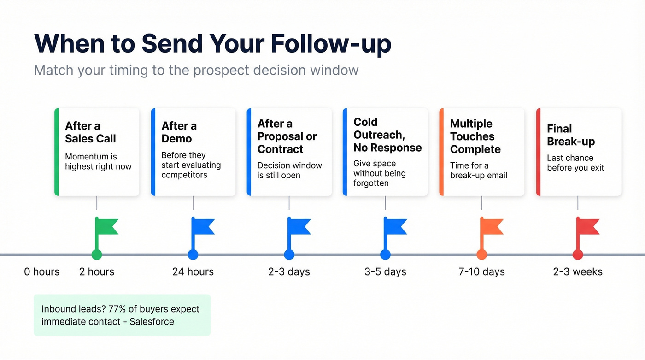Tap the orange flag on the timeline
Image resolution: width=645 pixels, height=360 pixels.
[x=492, y=226]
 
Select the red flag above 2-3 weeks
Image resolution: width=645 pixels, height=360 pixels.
[x=588, y=226]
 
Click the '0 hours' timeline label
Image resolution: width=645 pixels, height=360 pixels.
[x=42, y=272]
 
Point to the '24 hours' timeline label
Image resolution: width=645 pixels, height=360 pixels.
[x=193, y=272]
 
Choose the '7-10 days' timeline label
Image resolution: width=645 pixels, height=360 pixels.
[x=481, y=272]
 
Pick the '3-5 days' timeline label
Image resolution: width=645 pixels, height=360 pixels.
[x=385, y=272]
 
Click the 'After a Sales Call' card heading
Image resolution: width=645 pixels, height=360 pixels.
[x=90, y=132]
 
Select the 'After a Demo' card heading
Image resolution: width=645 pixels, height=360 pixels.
[x=179, y=132]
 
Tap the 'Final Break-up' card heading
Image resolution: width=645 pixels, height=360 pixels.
[x=571, y=135]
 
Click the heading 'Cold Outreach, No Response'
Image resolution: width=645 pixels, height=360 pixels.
[x=387, y=135]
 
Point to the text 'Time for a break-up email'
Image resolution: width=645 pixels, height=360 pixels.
[x=478, y=171]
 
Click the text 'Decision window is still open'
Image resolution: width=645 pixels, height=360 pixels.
[x=289, y=171]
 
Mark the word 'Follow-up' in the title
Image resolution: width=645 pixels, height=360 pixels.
[x=331, y=43]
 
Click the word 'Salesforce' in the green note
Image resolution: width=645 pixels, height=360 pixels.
[x=152, y=322]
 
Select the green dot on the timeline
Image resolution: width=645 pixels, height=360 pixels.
[x=97, y=254]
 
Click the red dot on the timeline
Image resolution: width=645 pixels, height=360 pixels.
[x=578, y=254]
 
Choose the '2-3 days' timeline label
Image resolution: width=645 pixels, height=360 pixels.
[x=289, y=272]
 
